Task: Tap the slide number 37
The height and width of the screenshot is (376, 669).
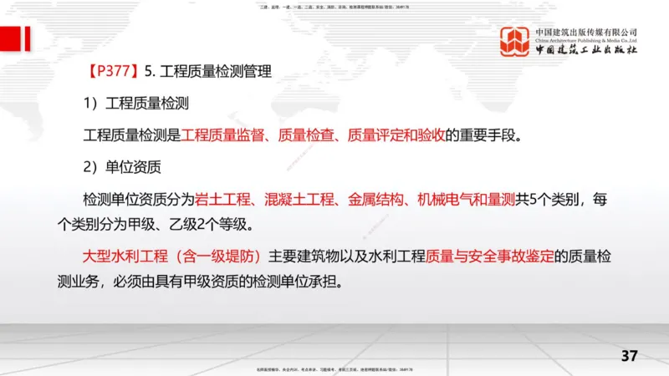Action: click(x=630, y=355)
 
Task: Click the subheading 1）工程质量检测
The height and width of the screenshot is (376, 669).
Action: click(x=135, y=103)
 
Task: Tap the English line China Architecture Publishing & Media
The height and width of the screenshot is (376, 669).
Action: click(x=586, y=40)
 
